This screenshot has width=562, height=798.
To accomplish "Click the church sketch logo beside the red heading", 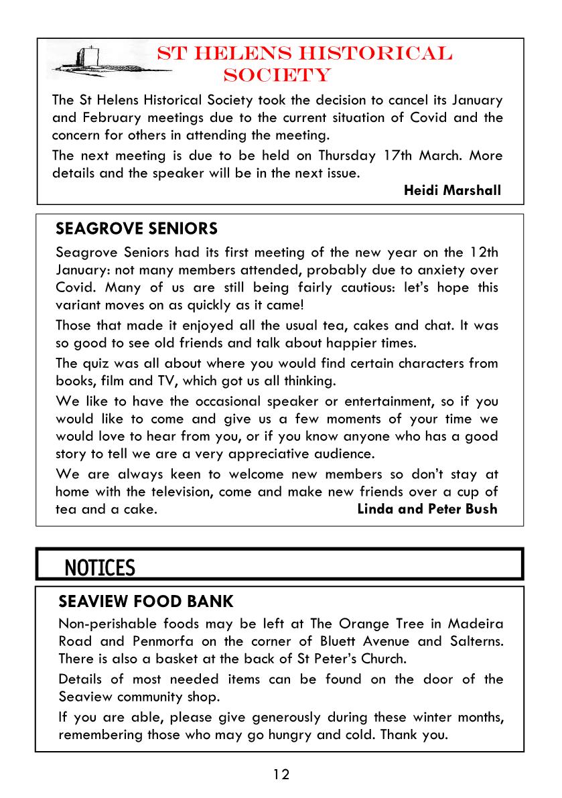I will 100,62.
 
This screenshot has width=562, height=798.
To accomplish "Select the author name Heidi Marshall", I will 452,190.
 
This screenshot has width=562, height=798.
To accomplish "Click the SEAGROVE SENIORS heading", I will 137,229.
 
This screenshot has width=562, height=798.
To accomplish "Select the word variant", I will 79,305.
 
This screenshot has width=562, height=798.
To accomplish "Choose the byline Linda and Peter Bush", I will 427,509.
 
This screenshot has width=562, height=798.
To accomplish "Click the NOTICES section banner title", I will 100,568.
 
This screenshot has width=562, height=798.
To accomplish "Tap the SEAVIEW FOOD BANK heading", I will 145,600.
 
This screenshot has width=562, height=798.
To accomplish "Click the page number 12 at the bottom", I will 281,775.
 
